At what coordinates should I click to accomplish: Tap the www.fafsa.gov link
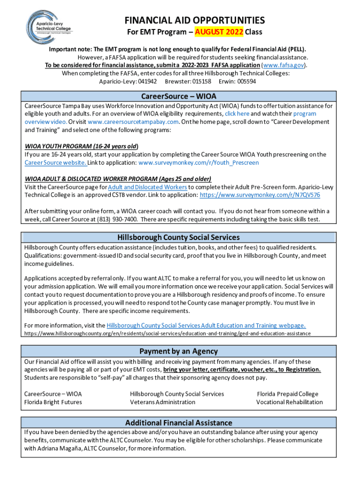pos(284,65)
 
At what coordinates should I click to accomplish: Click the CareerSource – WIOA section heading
pos(179,96)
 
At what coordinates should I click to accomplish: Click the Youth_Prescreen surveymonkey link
pos(199,163)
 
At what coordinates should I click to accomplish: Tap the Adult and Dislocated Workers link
pos(147,187)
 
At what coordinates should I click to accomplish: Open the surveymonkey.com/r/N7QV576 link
pos(260,195)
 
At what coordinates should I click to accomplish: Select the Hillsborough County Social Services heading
pos(179,237)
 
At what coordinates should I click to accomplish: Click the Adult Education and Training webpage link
pos(206,326)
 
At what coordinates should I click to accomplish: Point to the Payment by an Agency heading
pos(179,351)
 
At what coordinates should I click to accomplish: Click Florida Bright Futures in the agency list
pos(53,402)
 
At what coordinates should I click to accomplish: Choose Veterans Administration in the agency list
pos(163,402)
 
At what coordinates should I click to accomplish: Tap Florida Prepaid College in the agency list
pos(288,394)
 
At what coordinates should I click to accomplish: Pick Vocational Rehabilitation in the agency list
pos(289,402)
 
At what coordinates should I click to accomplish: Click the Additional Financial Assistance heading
pos(179,423)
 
